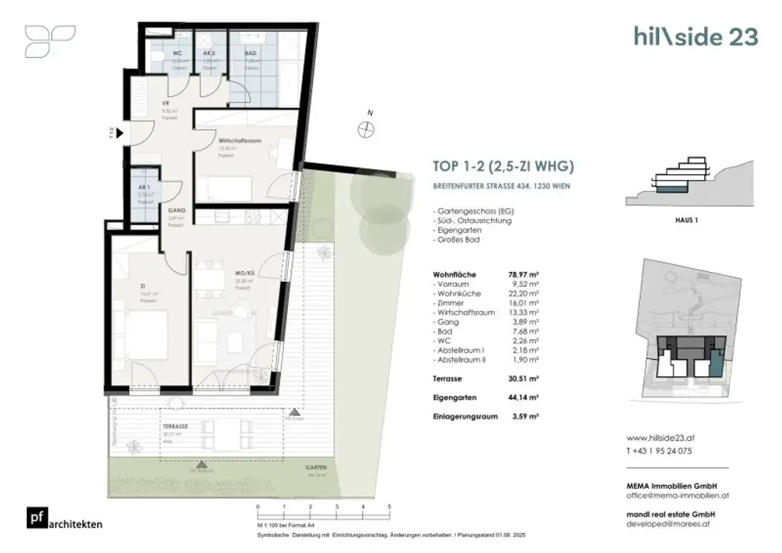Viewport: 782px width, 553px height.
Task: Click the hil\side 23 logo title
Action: pyautogui.click(x=695, y=36)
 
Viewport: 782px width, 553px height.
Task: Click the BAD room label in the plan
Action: pyautogui.click(x=250, y=54)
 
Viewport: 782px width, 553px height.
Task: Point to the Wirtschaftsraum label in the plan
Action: pyautogui.click(x=240, y=141)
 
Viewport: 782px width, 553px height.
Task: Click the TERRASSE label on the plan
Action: pyautogui.click(x=175, y=425)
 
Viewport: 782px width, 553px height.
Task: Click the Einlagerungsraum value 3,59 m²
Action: pyautogui.click(x=526, y=416)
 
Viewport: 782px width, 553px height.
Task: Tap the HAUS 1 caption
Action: pyautogui.click(x=688, y=219)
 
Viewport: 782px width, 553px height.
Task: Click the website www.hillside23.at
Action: pyautogui.click(x=661, y=438)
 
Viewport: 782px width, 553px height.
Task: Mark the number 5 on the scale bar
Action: pyautogui.click(x=389, y=506)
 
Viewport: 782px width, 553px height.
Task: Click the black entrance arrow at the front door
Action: pyautogui.click(x=123, y=134)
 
